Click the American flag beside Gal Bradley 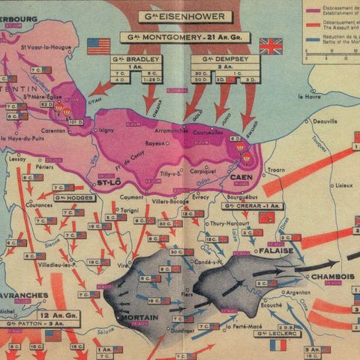point(98,46)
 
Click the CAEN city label point(241,177)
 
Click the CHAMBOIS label point(332,274)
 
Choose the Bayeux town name point(154,142)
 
